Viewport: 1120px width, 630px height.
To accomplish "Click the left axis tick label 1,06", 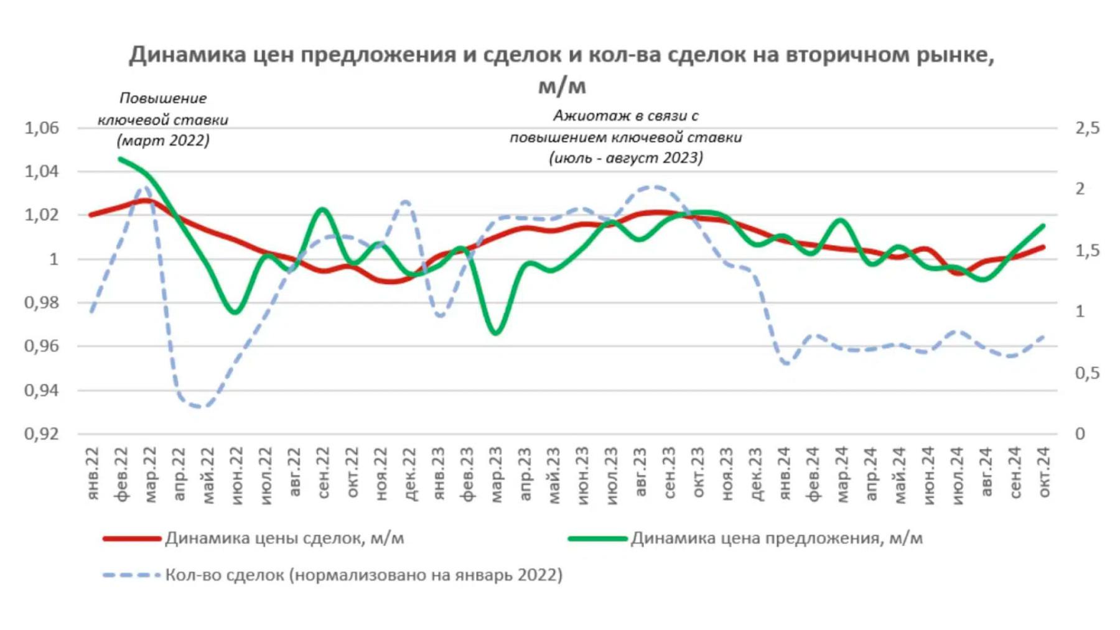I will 41,128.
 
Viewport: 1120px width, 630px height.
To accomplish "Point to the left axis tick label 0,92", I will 41,433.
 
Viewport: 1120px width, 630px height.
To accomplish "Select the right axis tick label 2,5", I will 1087,128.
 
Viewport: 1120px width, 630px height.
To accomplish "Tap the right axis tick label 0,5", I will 1087,373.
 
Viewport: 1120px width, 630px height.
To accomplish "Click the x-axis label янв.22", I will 92,473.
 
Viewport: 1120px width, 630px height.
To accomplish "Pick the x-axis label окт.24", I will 1043,473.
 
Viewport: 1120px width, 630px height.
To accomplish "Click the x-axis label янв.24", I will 784,473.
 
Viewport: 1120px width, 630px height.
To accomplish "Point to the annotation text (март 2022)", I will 163,141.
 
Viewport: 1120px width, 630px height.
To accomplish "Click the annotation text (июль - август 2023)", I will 626,158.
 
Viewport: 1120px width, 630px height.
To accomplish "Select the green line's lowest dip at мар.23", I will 496,333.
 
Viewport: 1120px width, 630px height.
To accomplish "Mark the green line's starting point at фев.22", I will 121,159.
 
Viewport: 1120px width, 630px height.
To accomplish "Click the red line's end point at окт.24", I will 1043,248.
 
